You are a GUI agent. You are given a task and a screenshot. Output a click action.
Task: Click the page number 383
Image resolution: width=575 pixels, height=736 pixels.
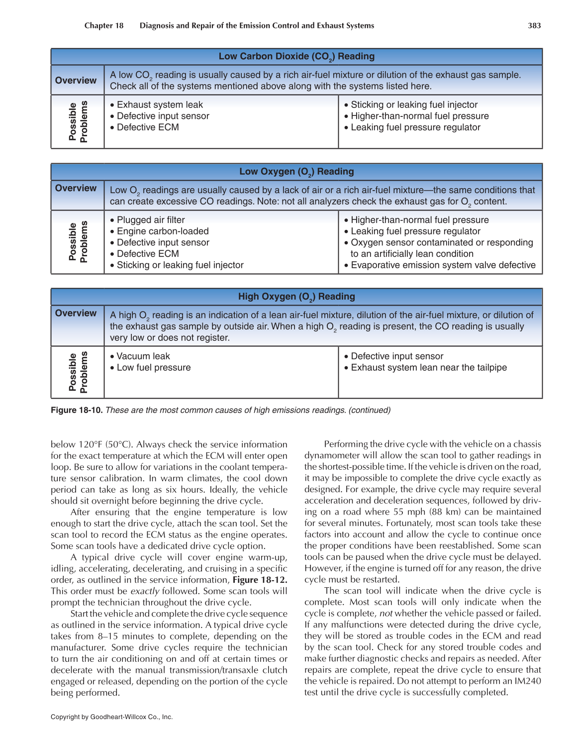(x=534, y=25)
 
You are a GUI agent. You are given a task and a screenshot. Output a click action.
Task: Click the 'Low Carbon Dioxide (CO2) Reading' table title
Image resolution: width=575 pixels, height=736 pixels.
(x=296, y=56)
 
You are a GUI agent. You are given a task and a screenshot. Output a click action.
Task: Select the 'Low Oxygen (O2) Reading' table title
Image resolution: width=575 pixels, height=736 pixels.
(x=296, y=172)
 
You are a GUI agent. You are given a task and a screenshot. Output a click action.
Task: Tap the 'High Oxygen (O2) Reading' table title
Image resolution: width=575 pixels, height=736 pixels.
(x=296, y=297)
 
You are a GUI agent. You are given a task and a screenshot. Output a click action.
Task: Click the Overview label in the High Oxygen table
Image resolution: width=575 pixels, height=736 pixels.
(x=76, y=313)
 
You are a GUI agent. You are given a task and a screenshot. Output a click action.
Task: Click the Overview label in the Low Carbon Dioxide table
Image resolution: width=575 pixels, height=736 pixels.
(x=76, y=80)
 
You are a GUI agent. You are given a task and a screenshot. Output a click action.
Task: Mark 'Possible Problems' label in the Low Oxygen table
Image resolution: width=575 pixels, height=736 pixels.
(x=78, y=242)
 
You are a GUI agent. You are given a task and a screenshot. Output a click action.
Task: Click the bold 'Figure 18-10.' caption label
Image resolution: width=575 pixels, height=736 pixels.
(x=77, y=410)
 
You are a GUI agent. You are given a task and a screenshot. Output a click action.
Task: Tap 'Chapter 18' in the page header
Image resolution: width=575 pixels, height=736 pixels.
(x=104, y=25)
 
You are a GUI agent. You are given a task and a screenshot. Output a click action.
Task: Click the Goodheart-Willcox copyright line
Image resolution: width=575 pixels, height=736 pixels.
(x=111, y=717)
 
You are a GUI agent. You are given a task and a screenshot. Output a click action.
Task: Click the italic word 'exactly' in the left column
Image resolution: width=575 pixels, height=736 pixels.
(x=145, y=591)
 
